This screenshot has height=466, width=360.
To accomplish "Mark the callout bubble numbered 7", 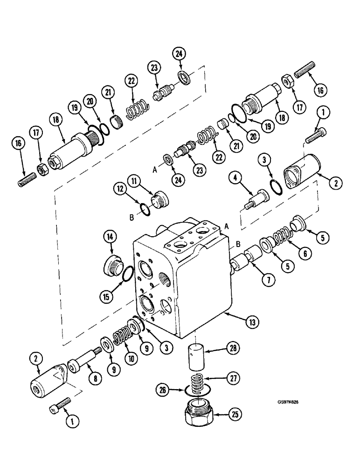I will (269, 280).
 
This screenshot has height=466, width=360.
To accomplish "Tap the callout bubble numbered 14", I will (111, 237).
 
